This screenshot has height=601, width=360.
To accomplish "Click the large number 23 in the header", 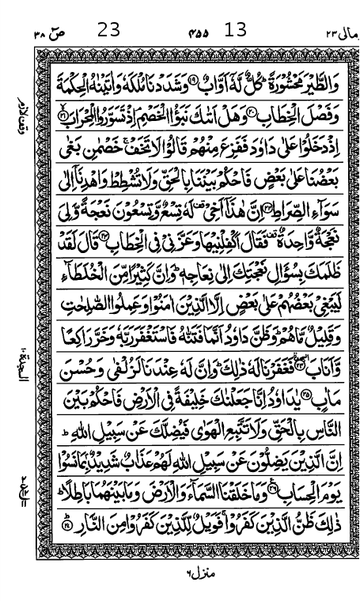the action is coord(109,30).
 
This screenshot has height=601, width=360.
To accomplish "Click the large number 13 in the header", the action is coord(236,30).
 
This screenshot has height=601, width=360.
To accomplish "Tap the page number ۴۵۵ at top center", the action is coord(198,33).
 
